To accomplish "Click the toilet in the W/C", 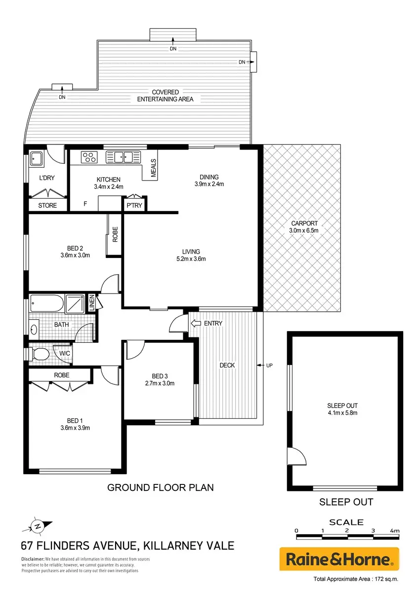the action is pyautogui.click(x=40, y=354).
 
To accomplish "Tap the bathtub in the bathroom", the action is pyautogui.click(x=47, y=303).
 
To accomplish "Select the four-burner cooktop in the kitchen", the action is pyautogui.click(x=89, y=157).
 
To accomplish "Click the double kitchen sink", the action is pyautogui.click(x=123, y=157).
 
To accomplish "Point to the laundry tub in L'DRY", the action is pyautogui.click(x=36, y=158).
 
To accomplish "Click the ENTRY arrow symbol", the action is pyautogui.click(x=196, y=323).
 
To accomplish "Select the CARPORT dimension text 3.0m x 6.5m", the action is pyautogui.click(x=303, y=230).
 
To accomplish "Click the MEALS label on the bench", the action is pyautogui.click(x=153, y=168).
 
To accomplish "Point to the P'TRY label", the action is pyautogui.click(x=134, y=205).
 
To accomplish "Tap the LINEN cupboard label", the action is pyautogui.click(x=92, y=303).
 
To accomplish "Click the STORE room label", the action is pyautogui.click(x=47, y=205).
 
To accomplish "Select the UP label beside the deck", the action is pyautogui.click(x=269, y=365).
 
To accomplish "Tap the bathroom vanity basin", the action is pyautogui.click(x=34, y=330).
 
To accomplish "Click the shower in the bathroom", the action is pyautogui.click(x=75, y=303).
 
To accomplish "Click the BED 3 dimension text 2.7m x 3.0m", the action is pyautogui.click(x=160, y=383).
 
